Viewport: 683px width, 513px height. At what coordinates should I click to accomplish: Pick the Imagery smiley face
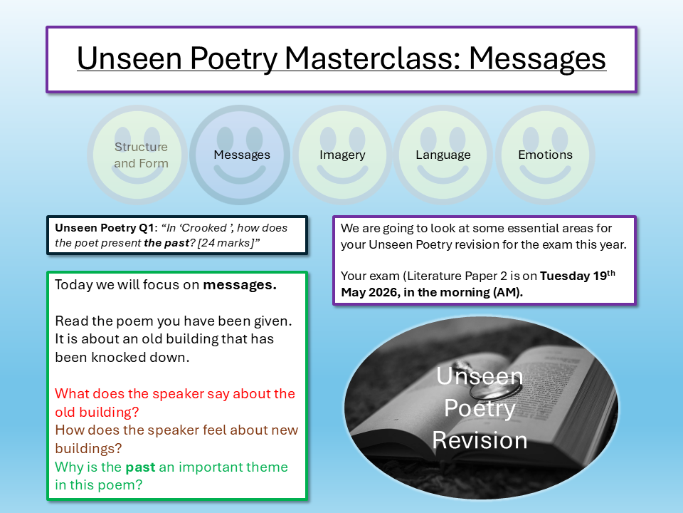click(342, 155)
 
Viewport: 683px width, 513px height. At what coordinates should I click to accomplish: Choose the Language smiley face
click(443, 155)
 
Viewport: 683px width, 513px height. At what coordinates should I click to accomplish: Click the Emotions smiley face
click(545, 155)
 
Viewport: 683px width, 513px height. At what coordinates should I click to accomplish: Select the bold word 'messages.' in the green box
click(240, 285)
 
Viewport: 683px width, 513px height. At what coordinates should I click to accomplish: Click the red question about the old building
click(174, 403)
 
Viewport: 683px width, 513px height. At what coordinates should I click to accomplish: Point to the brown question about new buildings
click(176, 439)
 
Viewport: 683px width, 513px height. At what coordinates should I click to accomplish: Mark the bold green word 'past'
click(140, 467)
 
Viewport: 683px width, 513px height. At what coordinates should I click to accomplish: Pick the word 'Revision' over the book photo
click(480, 440)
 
